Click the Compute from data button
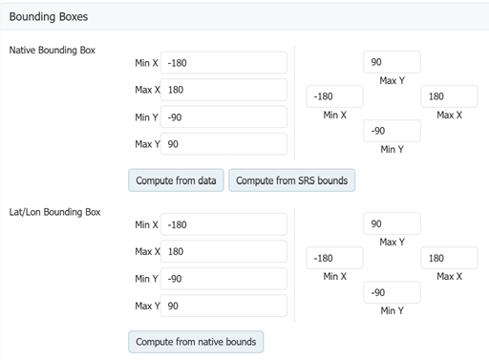click(176, 180)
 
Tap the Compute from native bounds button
click(196, 342)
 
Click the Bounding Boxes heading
click(49, 16)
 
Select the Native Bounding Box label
click(53, 50)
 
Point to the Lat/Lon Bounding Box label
click(54, 212)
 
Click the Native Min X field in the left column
click(223, 63)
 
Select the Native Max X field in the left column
click(223, 90)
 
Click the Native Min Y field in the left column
click(223, 117)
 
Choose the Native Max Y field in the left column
click(223, 144)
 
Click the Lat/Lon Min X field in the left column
click(223, 224)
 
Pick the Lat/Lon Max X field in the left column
click(223, 251)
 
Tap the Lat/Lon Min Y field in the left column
click(223, 279)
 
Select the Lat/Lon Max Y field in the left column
click(223, 306)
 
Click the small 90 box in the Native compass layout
click(392, 62)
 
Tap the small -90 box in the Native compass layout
click(392, 131)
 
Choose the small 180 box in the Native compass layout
click(449, 96)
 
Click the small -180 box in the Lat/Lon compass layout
click(334, 258)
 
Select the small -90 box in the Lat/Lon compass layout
click(392, 292)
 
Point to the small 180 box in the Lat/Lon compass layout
click(449, 258)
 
